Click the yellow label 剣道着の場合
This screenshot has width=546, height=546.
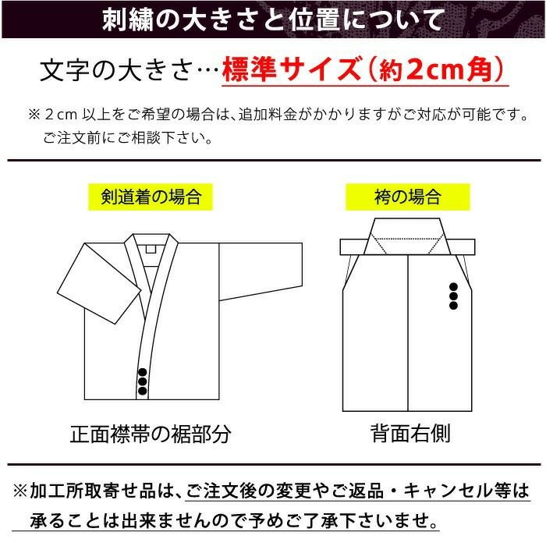150,197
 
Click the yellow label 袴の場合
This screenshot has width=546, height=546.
407,197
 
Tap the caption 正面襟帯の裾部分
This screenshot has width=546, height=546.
151,434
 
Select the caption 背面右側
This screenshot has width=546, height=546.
410,434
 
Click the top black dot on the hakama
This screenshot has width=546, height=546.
453,286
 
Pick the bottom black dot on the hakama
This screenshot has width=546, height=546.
453,306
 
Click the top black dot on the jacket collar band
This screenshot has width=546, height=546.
143,372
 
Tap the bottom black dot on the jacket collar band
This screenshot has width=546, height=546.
143,391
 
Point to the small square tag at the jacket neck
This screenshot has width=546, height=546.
151,249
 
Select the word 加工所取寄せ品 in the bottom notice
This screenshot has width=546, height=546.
93,491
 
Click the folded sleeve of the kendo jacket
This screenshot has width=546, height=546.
99,283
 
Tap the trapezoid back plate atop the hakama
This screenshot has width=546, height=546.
407,236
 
